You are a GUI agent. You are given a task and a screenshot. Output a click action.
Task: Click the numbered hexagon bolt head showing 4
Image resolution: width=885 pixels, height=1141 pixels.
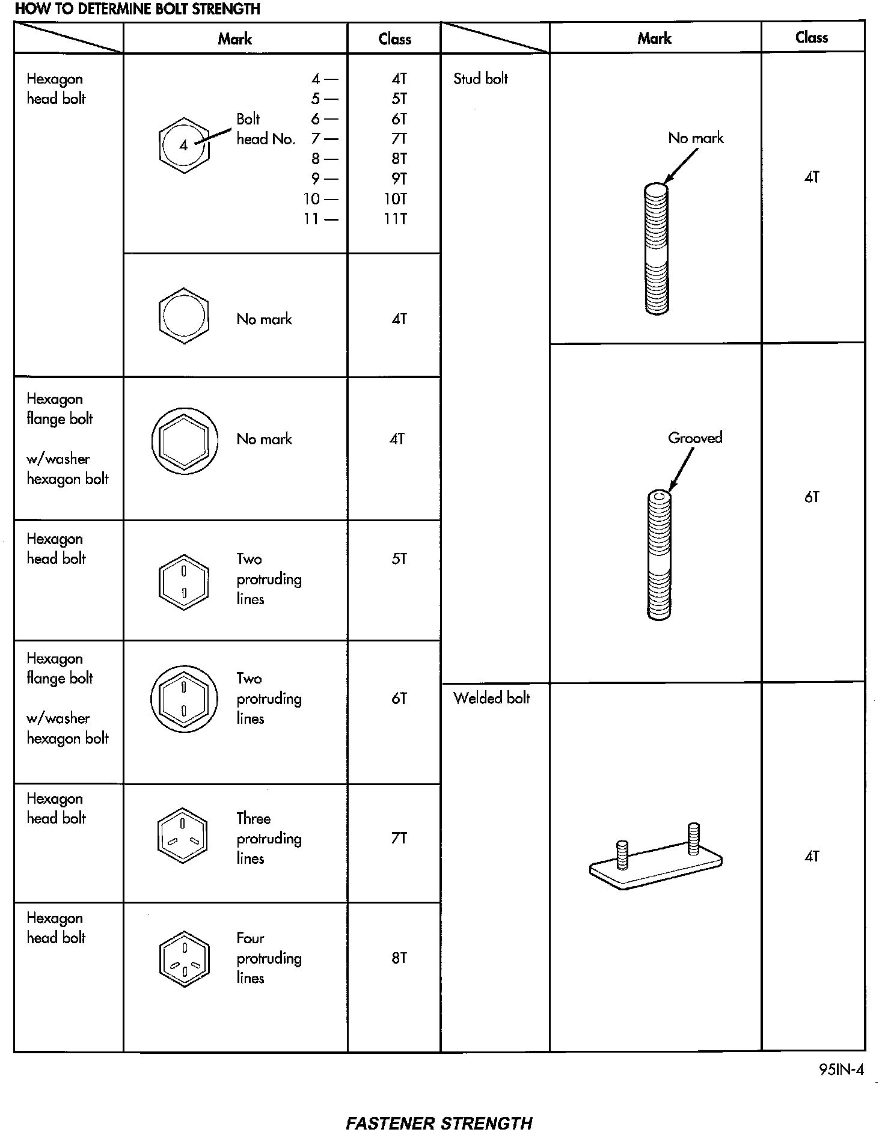[184, 144]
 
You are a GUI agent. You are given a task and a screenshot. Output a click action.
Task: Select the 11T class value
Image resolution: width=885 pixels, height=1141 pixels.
[396, 219]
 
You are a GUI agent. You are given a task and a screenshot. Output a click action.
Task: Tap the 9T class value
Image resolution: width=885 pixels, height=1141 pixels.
[399, 179]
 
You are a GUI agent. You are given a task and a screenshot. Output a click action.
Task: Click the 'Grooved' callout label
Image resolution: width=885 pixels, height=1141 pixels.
[695, 438]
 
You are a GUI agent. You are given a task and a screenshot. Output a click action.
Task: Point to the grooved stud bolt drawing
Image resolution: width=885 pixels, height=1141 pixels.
[659, 555]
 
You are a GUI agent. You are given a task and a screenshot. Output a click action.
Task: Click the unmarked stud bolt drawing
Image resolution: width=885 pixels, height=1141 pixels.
[657, 249]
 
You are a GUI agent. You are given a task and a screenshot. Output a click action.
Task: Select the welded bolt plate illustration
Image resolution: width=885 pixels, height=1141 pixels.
[656, 857]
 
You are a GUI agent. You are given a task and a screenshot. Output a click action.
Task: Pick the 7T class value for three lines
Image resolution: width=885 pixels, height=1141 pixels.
[399, 838]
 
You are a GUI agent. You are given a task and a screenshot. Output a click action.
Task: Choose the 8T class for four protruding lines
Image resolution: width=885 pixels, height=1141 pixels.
[399, 958]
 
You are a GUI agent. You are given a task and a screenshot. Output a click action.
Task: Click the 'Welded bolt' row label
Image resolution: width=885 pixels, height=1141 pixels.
[491, 698]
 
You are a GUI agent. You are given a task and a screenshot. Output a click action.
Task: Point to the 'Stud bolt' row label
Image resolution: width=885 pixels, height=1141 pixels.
[480, 79]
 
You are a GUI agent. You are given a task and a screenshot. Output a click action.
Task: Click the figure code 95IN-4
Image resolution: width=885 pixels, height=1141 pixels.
[841, 1070]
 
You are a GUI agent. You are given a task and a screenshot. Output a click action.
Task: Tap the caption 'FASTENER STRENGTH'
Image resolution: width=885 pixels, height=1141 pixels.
[439, 1123]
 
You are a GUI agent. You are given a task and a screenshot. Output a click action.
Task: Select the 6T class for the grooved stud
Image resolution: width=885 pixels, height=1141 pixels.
[812, 497]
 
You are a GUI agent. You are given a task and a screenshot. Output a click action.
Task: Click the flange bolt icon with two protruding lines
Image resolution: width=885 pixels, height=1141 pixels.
[183, 699]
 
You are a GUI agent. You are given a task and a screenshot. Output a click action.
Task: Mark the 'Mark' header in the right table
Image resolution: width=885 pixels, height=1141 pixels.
[654, 38]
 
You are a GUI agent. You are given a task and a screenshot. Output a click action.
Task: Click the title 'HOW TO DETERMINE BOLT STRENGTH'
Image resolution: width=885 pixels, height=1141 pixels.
[137, 9]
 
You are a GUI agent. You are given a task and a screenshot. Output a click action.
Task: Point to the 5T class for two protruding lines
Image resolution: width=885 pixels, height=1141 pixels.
[399, 559]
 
